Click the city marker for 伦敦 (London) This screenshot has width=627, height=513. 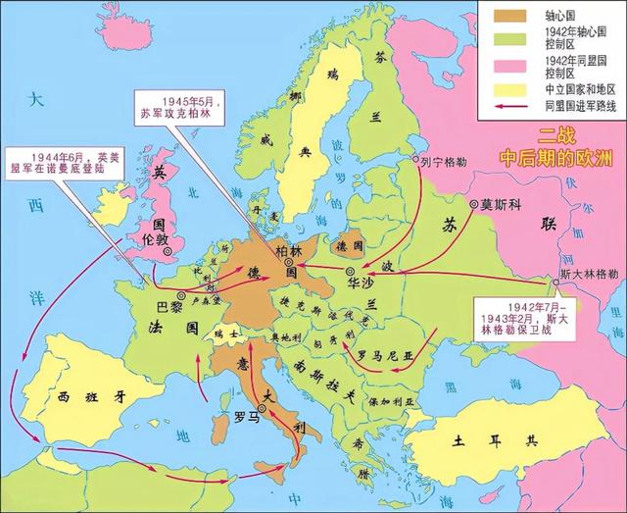coord(168,251)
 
